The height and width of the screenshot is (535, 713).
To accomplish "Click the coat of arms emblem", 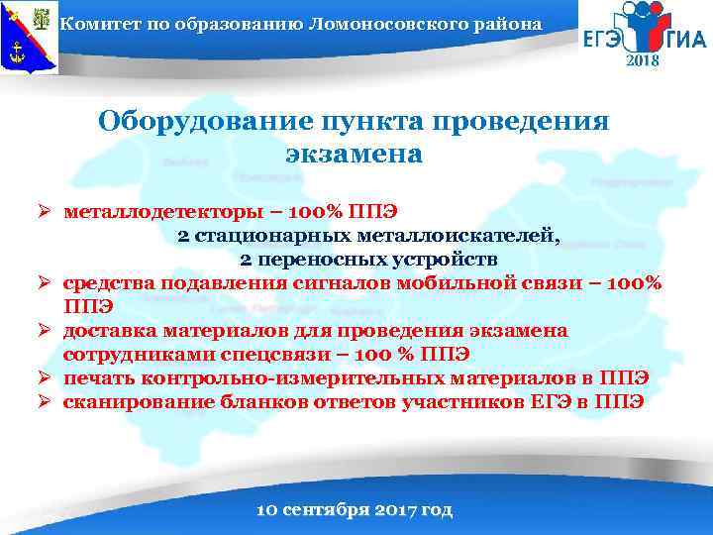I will click(x=29, y=38).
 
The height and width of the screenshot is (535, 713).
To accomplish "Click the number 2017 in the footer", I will click(x=394, y=511).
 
